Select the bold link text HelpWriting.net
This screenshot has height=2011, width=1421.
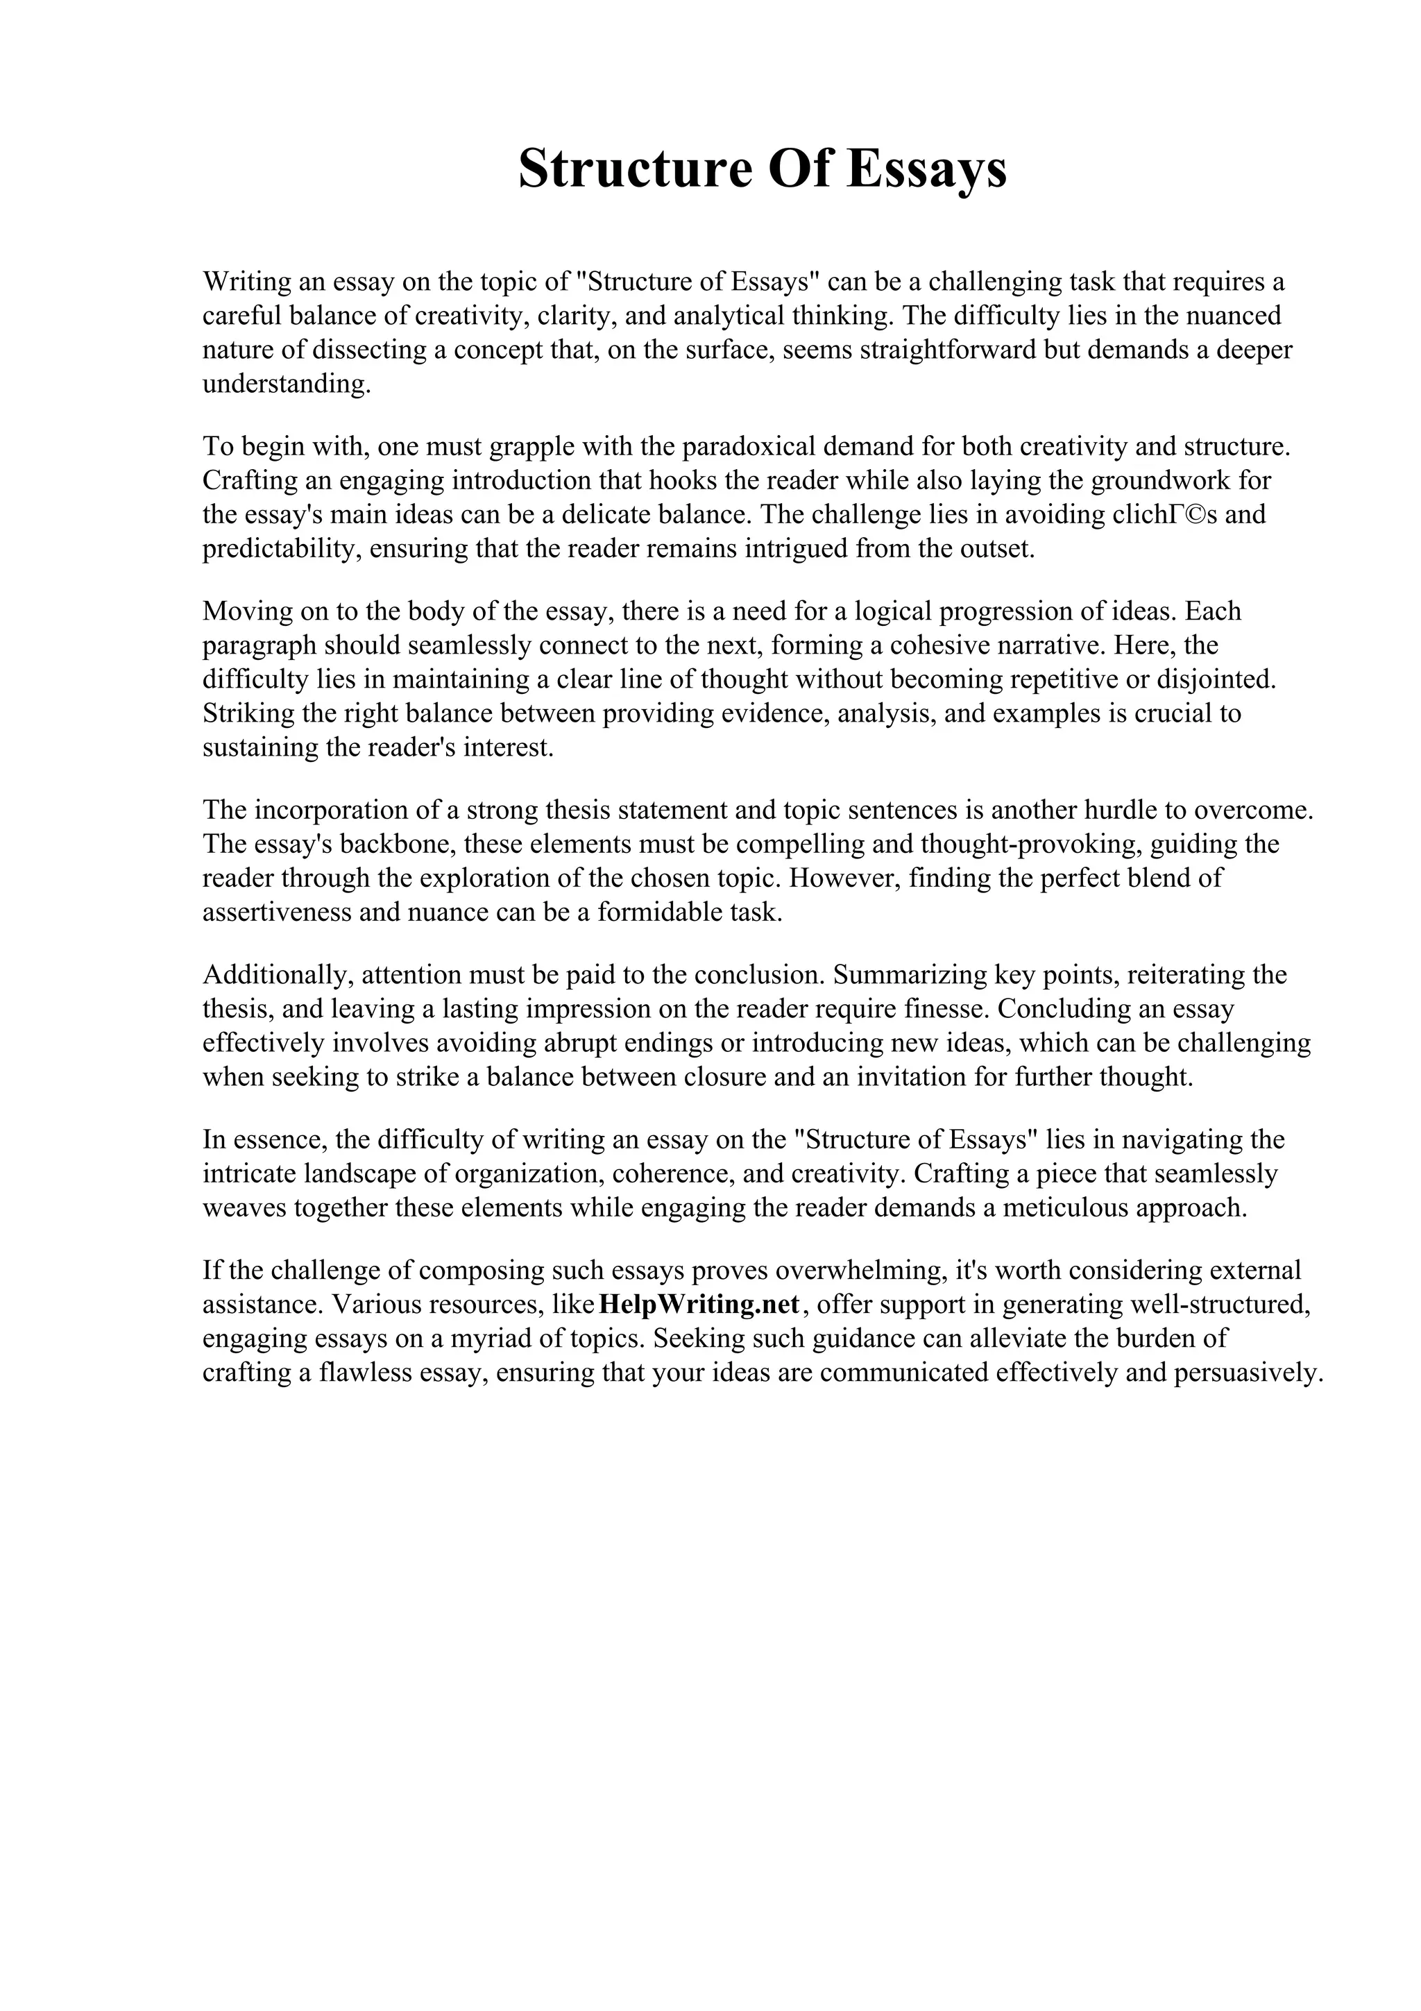point(699,1304)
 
